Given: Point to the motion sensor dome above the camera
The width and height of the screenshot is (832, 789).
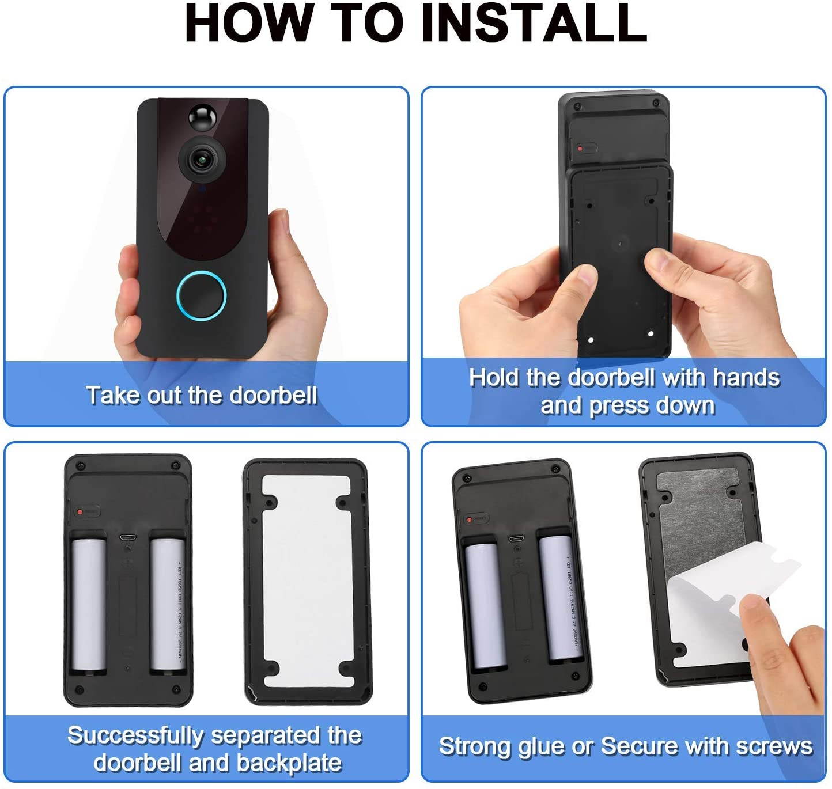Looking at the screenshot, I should [202, 117].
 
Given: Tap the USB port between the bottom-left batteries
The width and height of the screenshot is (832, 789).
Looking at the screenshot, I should [127, 537].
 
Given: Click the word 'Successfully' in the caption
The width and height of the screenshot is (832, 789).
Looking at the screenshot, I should [135, 735].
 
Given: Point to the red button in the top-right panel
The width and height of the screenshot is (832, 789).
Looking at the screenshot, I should [581, 149].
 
